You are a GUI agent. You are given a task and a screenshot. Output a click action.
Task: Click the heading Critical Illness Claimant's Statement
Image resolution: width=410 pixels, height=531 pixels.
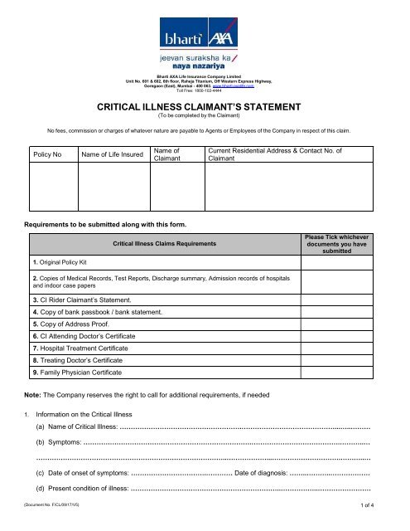[x=205, y=108]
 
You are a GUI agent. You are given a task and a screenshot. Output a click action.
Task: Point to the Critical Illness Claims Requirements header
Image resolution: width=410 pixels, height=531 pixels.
[x=166, y=242]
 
